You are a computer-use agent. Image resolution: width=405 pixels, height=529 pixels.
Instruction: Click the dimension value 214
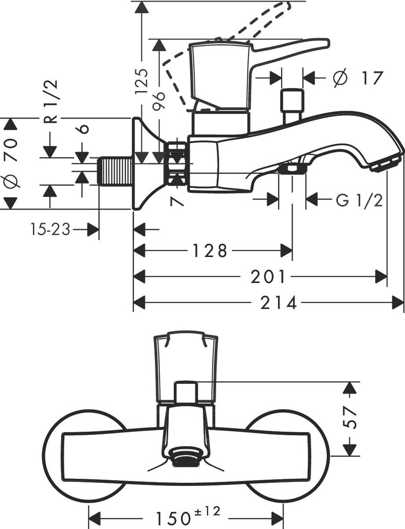(279, 303)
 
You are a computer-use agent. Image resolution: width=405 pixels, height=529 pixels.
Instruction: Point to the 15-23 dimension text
(51, 229)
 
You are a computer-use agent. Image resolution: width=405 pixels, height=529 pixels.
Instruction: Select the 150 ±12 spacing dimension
(187, 515)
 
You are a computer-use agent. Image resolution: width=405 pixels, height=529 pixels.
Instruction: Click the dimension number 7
(176, 201)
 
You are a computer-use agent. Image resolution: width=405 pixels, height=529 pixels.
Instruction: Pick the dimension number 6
(83, 128)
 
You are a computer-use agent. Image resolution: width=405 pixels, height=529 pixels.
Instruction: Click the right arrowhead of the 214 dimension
(398, 303)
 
